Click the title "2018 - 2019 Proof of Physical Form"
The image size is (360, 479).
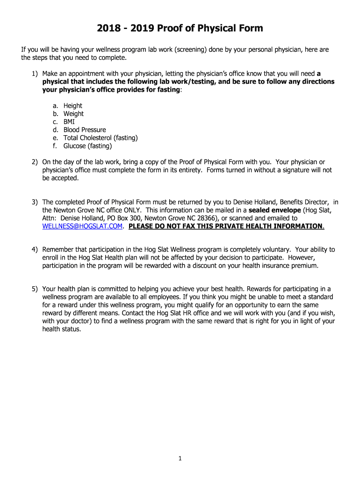[180, 29]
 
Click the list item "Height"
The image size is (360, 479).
[72, 106]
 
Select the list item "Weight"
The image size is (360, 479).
[73, 114]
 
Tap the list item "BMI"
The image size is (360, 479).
[69, 122]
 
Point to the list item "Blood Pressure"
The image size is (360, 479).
[85, 130]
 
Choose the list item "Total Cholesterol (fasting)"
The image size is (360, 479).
[101, 138]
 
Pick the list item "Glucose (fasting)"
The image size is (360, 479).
[87, 146]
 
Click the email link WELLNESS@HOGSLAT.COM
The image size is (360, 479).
[83, 226]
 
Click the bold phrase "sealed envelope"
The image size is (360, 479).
[274, 210]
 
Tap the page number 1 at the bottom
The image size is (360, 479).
[180, 459]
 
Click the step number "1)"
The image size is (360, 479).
[35, 73]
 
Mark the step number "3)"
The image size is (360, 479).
[35, 202]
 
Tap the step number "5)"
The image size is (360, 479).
[35, 289]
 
